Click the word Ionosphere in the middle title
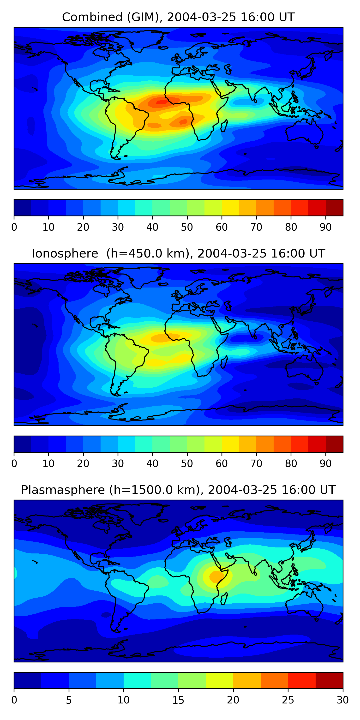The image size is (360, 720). [65, 253]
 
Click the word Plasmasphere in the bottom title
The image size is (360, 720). [63, 490]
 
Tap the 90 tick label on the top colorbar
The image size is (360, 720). [326, 227]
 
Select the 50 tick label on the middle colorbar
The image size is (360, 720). [187, 464]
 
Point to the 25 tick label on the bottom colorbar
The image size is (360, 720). [288, 700]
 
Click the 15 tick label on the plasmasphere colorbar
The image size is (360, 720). [178, 700]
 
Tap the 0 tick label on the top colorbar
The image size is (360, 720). [14, 227]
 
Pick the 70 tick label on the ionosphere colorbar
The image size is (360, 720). [256, 464]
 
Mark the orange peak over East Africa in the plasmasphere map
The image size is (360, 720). [216, 576]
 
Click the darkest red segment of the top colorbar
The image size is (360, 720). [334, 208]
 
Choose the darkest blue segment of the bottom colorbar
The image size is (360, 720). [28, 681]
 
